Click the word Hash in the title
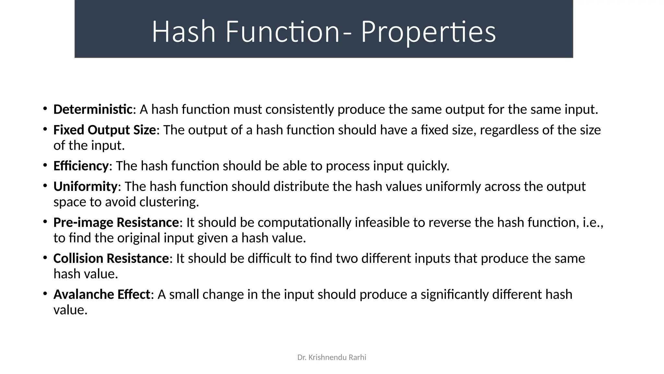(x=184, y=32)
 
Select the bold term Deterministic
(x=93, y=110)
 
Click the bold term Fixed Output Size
(x=104, y=130)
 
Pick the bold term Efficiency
(x=81, y=166)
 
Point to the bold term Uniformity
(x=85, y=187)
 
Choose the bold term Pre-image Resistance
(x=116, y=223)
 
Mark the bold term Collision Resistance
(x=111, y=259)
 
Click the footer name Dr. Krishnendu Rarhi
(x=332, y=357)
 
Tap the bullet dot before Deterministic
(x=45, y=109)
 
